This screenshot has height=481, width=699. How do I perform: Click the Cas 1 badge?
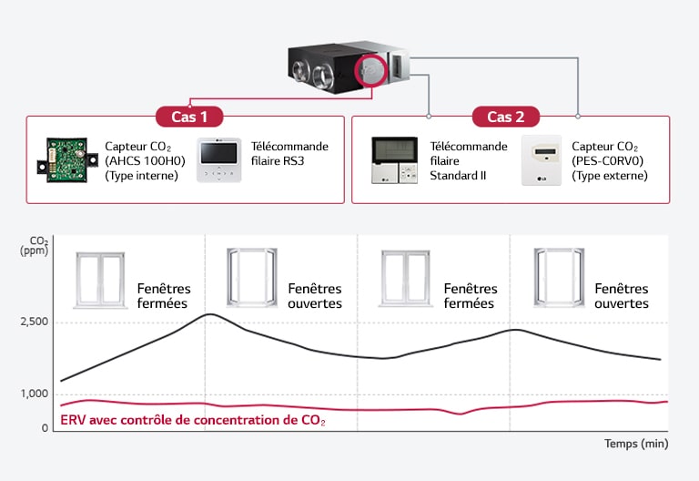[x=189, y=117]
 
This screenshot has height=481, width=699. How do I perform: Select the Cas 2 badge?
[x=505, y=117]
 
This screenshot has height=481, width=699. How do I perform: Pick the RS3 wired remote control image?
[x=218, y=160]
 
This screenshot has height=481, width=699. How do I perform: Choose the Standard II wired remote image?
[x=395, y=160]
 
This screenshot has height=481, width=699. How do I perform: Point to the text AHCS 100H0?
[x=145, y=161]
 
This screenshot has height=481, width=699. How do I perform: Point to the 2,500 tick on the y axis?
[x=34, y=322]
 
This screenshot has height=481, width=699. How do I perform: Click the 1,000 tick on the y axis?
[x=34, y=394]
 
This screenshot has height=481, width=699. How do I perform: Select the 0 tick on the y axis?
[x=44, y=428]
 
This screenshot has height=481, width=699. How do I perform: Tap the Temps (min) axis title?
[x=636, y=444]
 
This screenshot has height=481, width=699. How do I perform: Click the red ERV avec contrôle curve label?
[x=192, y=421]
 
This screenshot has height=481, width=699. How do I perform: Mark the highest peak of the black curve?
[x=210, y=314]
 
